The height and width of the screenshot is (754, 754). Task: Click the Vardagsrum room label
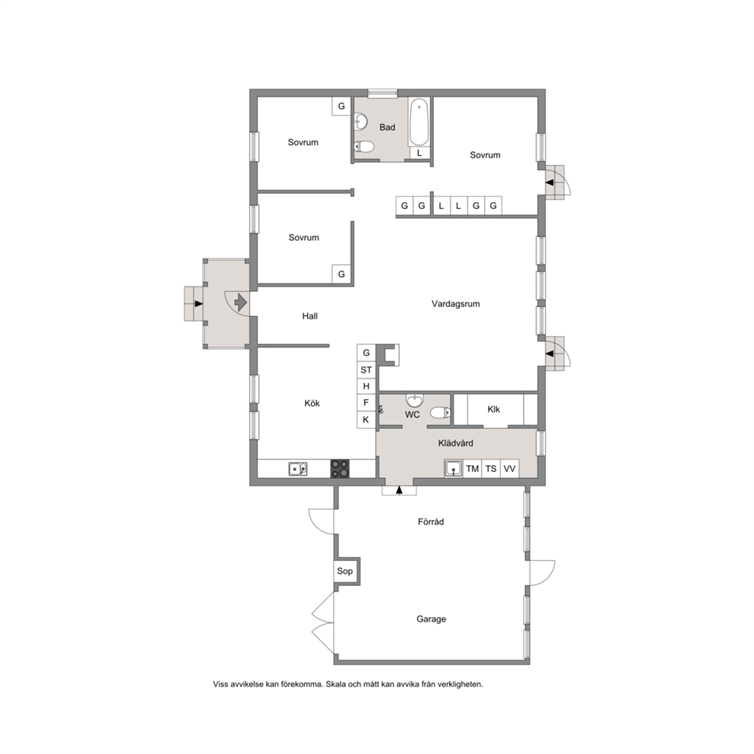[455, 304]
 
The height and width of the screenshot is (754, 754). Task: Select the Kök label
[312, 403]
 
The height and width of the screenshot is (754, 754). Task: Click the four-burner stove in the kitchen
[340, 468]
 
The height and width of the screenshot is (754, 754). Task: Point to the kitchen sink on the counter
[298, 468]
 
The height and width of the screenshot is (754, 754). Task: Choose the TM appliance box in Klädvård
[472, 468]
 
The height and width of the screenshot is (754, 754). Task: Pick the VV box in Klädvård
[509, 468]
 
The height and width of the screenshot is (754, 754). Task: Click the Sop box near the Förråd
[345, 571]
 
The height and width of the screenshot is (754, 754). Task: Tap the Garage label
[431, 619]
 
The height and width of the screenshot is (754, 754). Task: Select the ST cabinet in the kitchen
[366, 369]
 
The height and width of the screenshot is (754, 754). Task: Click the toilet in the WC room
[440, 412]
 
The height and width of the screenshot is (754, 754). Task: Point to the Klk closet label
[493, 409]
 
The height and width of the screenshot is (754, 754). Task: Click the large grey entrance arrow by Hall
[240, 303]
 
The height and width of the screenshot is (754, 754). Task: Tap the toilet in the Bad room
[365, 146]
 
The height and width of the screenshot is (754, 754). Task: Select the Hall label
[309, 316]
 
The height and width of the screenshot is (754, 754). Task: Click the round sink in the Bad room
[360, 122]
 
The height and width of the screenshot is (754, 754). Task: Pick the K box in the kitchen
[366, 420]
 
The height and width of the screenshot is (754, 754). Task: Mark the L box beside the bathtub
[420, 153]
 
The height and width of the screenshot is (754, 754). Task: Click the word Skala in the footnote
[336, 684]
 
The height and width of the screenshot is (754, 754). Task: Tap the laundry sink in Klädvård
[454, 468]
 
